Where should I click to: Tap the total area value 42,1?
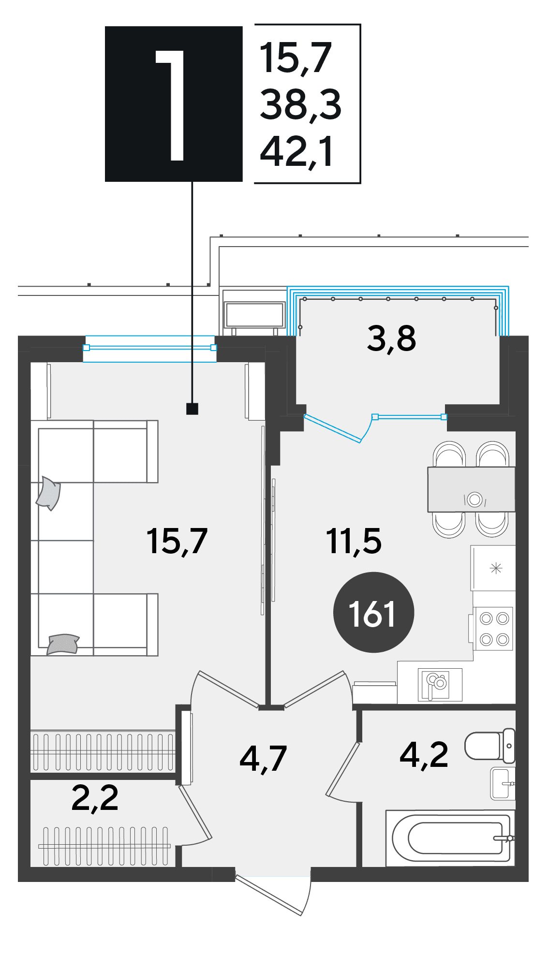pos(296,151)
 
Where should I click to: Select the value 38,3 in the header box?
pos(300,104)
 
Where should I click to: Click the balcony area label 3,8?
pos(391,338)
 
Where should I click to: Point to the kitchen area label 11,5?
pos(354,541)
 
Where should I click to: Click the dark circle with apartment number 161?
pos(373,612)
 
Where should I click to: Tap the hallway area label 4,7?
pos(263,758)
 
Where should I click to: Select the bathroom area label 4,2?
pos(424,754)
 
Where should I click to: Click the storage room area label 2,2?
pos(95,798)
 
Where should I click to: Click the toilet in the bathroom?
pos(489,745)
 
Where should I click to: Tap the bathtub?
pos(450,838)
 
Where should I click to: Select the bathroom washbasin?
pos(503,783)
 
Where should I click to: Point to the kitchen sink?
pos(440,685)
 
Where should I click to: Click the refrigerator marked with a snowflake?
pos(493,568)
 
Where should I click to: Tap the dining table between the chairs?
pos(471,489)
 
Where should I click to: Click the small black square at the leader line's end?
pos(192,409)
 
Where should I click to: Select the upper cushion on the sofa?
pos(48,493)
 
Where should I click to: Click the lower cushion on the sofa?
pos(62,644)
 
